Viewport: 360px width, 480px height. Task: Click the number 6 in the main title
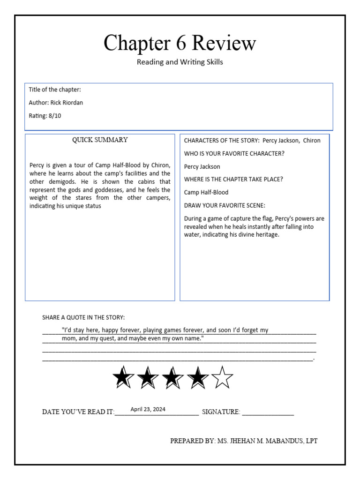click(x=178, y=43)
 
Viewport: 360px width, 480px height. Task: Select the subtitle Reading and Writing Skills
click(x=180, y=62)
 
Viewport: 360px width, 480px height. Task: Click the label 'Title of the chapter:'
click(x=55, y=90)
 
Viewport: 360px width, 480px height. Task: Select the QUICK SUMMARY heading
click(x=99, y=140)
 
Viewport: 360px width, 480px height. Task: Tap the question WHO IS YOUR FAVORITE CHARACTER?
click(x=234, y=153)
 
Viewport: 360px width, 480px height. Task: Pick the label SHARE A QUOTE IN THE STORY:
click(x=83, y=317)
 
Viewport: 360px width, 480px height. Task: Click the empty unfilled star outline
click(x=222, y=377)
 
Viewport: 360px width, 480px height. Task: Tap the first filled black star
click(x=123, y=377)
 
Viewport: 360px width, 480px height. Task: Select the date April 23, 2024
click(x=148, y=409)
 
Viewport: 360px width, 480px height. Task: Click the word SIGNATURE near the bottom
click(x=220, y=412)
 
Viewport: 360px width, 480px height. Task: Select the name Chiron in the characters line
click(x=312, y=140)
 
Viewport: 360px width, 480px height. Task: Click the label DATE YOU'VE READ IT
click(x=78, y=412)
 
